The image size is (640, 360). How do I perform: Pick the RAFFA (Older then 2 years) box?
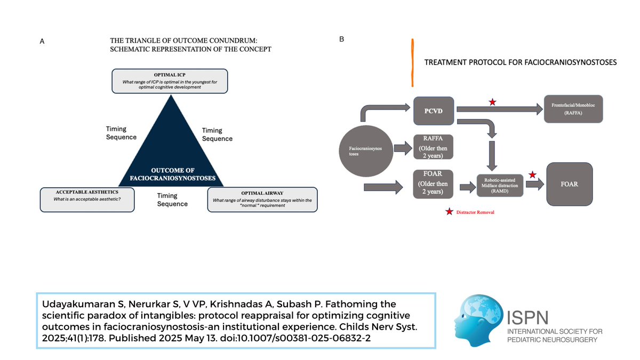[434, 146]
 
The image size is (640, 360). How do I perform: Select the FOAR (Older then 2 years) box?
[434, 183]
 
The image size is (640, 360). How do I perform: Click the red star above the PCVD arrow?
[492, 102]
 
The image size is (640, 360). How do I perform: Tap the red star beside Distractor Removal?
[449, 212]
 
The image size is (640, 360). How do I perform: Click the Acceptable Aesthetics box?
[86, 199]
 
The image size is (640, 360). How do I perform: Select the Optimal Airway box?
[262, 199]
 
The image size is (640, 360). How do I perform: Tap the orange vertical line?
[412, 62]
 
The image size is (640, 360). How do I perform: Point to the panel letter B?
[342, 39]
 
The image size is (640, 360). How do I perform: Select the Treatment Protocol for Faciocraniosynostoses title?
[520, 62]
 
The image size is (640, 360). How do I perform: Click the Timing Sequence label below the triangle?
[172, 200]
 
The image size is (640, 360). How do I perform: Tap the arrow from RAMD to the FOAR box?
[534, 184]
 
